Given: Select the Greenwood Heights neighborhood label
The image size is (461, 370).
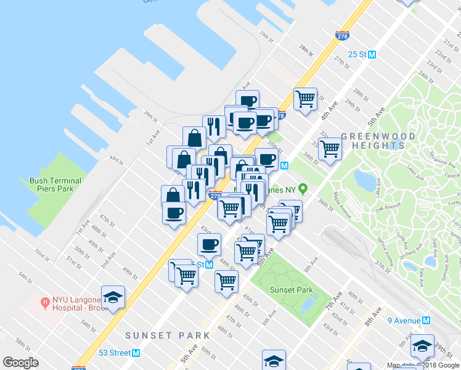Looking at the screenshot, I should pyautogui.click(x=372, y=141).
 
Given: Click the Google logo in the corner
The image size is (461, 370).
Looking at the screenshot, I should pyautogui.click(x=20, y=363).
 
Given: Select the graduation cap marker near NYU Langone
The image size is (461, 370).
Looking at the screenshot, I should pyautogui.click(x=113, y=297).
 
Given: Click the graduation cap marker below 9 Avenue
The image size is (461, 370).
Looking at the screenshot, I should pyautogui.click(x=423, y=345).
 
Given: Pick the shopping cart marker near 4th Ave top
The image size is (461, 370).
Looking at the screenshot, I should pyautogui.click(x=305, y=98).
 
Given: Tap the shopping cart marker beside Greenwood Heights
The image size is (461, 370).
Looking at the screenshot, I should pyautogui.click(x=330, y=148).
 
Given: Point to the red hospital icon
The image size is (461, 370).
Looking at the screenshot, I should pyautogui.click(x=45, y=302).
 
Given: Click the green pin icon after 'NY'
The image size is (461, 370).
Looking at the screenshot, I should pyautogui.click(x=303, y=189).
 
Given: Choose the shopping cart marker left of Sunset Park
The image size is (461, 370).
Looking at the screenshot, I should pyautogui.click(x=227, y=281).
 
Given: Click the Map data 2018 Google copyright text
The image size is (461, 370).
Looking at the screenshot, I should pyautogui.click(x=423, y=365).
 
